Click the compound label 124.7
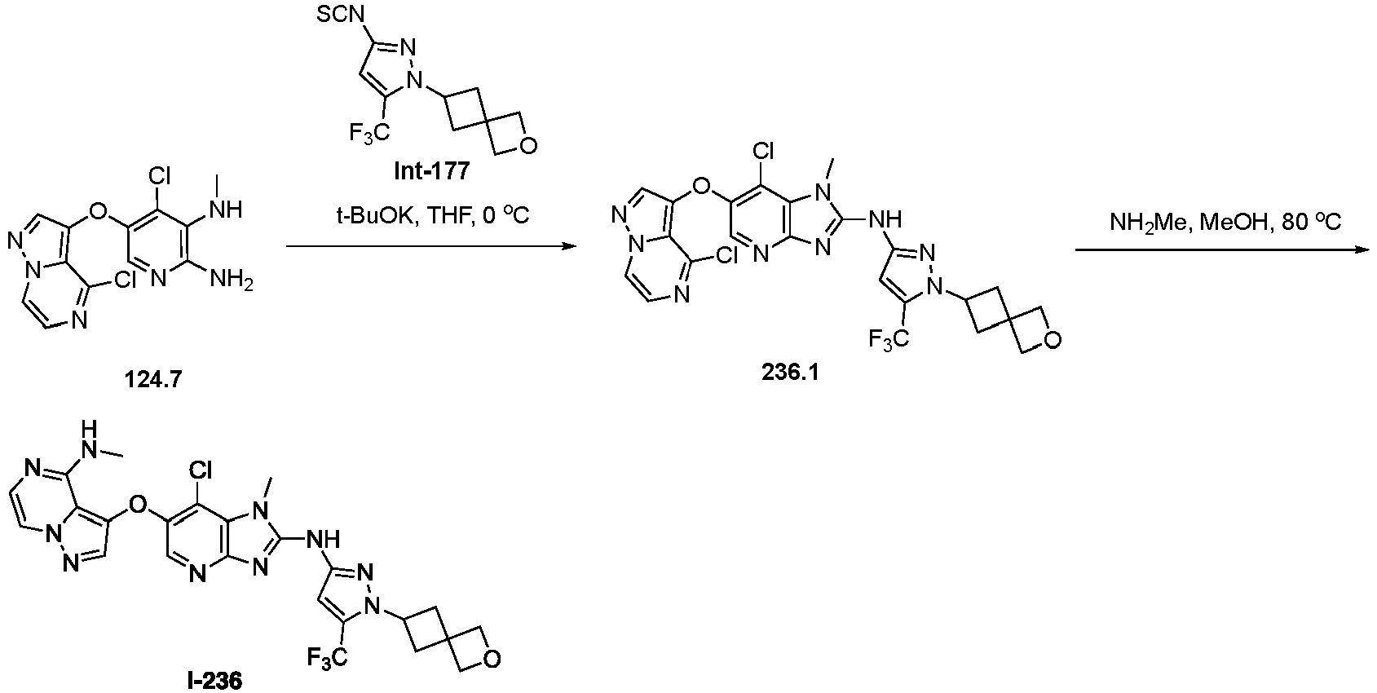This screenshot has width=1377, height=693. click(x=153, y=379)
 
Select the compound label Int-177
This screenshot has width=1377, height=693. click(x=431, y=170)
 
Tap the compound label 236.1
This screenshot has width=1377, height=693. click(x=790, y=372)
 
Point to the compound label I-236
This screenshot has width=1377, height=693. click(x=214, y=681)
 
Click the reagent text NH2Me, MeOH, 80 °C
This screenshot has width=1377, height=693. click(x=1225, y=222)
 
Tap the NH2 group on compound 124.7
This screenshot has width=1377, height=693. click(x=232, y=280)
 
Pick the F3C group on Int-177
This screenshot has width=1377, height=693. click(x=369, y=131)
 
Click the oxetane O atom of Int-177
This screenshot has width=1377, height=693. click(x=528, y=146)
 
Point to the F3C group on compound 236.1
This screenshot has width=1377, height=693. click(x=889, y=338)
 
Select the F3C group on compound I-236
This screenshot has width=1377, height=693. click(x=328, y=657)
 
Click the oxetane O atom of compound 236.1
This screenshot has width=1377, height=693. click(x=1052, y=340)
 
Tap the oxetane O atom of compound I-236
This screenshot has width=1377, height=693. click(x=491, y=660)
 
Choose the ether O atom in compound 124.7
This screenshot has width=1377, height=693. click(x=97, y=213)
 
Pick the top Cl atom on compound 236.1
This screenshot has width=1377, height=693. click(x=763, y=152)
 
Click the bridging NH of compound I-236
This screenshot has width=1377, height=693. click(x=323, y=540)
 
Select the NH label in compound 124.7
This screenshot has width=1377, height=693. click(x=226, y=209)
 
